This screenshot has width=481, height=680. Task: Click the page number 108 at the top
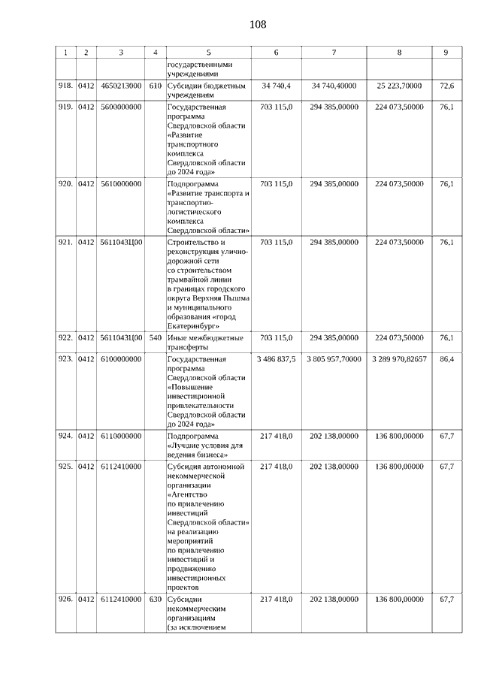click(x=257, y=25)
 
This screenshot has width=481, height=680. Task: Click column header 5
click(x=208, y=52)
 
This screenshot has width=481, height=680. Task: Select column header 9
click(x=446, y=52)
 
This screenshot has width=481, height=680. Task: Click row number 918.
click(x=65, y=86)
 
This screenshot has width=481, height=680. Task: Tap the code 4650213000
click(x=120, y=86)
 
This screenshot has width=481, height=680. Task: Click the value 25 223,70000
click(x=399, y=86)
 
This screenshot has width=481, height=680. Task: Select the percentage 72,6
click(x=446, y=86)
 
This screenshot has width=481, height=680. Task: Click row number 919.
click(x=65, y=108)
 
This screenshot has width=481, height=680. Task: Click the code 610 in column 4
click(x=156, y=86)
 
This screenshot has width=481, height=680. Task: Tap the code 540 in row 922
click(x=156, y=338)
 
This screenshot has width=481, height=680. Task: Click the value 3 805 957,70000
click(x=334, y=360)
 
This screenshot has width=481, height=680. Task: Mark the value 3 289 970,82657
click(x=399, y=360)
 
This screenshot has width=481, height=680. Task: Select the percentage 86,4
click(x=446, y=360)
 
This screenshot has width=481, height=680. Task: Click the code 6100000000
click(x=120, y=360)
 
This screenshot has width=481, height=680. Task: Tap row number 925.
click(x=65, y=467)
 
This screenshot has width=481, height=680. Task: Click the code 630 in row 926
click(x=156, y=599)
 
